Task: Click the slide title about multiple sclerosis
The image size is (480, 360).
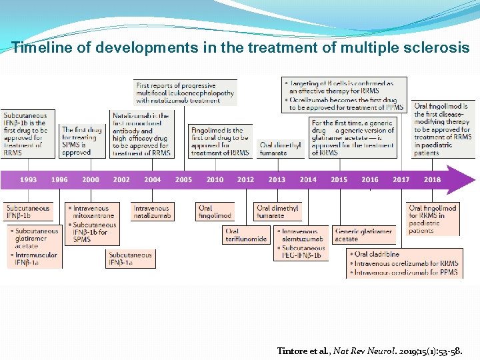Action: (240, 48)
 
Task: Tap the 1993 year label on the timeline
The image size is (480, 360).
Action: (29, 179)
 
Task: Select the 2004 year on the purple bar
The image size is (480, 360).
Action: (153, 179)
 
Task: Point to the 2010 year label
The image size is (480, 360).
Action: (215, 179)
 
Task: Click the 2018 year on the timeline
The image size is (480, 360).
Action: (432, 179)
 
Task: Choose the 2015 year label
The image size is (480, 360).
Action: (339, 179)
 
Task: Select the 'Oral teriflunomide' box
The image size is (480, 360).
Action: (246, 235)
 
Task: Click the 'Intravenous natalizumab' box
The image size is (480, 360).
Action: (153, 212)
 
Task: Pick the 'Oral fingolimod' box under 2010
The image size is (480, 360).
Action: (215, 212)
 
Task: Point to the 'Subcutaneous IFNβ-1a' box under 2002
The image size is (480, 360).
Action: (129, 259)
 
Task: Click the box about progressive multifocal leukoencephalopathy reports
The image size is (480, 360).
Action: (185, 93)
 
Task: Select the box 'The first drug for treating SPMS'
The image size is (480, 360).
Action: (83, 141)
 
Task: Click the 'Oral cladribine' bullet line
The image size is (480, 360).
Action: (377, 254)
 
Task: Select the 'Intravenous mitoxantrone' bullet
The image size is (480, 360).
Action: (93, 212)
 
